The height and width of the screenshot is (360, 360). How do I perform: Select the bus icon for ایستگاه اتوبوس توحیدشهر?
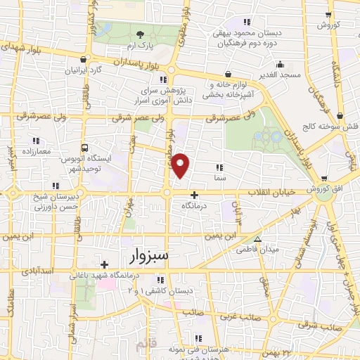85,148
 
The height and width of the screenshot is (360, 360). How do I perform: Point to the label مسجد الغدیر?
283,74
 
